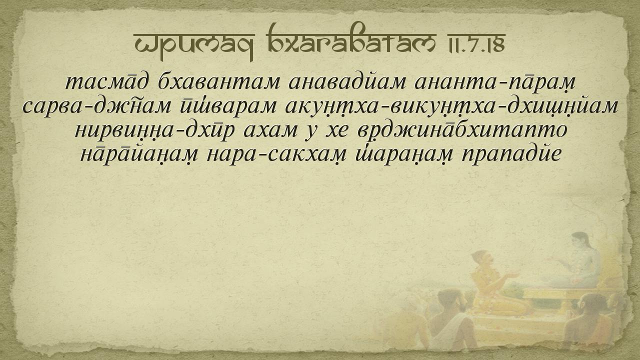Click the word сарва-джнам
97,106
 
